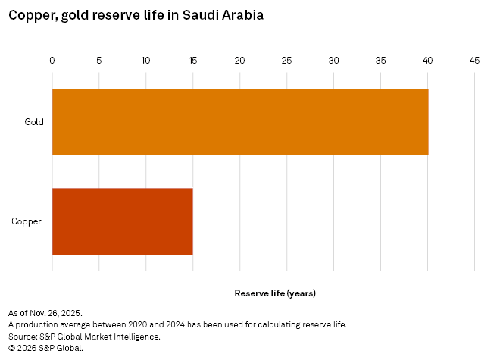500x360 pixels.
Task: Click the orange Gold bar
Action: (x=239, y=122)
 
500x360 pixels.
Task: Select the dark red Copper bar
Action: (x=122, y=221)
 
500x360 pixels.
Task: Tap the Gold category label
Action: (x=34, y=122)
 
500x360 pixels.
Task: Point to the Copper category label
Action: (x=27, y=221)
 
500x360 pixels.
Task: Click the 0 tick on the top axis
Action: (x=52, y=60)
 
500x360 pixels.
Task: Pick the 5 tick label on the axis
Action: (x=98, y=60)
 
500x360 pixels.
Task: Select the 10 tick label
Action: (x=145, y=60)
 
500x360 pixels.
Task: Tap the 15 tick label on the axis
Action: (x=192, y=60)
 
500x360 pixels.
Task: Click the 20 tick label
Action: (x=239, y=60)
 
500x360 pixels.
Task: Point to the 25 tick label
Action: (x=286, y=60)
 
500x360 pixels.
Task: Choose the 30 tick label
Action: (x=333, y=60)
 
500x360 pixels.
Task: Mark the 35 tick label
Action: (x=380, y=60)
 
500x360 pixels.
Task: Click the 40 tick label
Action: (x=427, y=60)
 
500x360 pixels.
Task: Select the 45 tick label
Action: (x=474, y=60)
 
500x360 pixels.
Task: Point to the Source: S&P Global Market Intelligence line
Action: (x=84, y=336)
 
